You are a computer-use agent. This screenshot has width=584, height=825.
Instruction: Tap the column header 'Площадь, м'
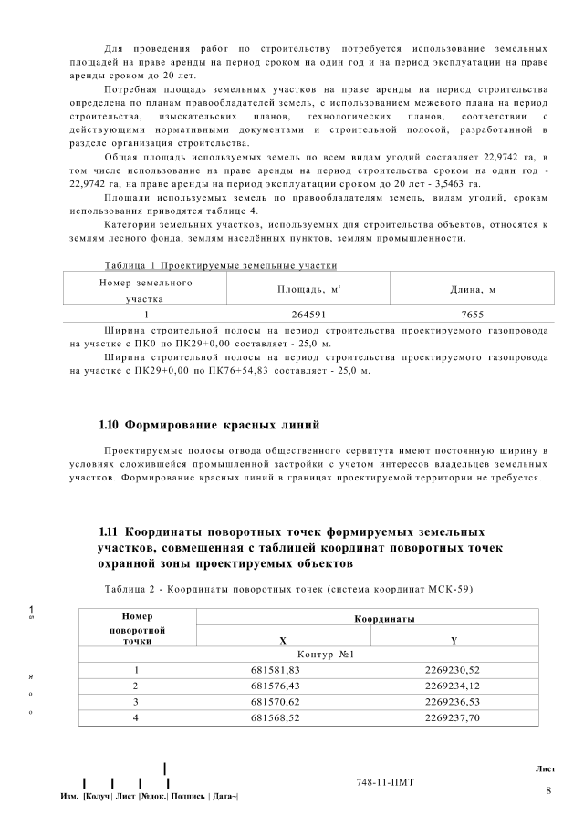coord(308,289)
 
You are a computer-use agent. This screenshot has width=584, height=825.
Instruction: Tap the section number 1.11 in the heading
coord(108,531)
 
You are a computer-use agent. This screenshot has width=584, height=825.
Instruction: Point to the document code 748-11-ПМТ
coord(387,783)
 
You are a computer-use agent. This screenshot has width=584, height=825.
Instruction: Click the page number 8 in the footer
coord(547,789)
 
